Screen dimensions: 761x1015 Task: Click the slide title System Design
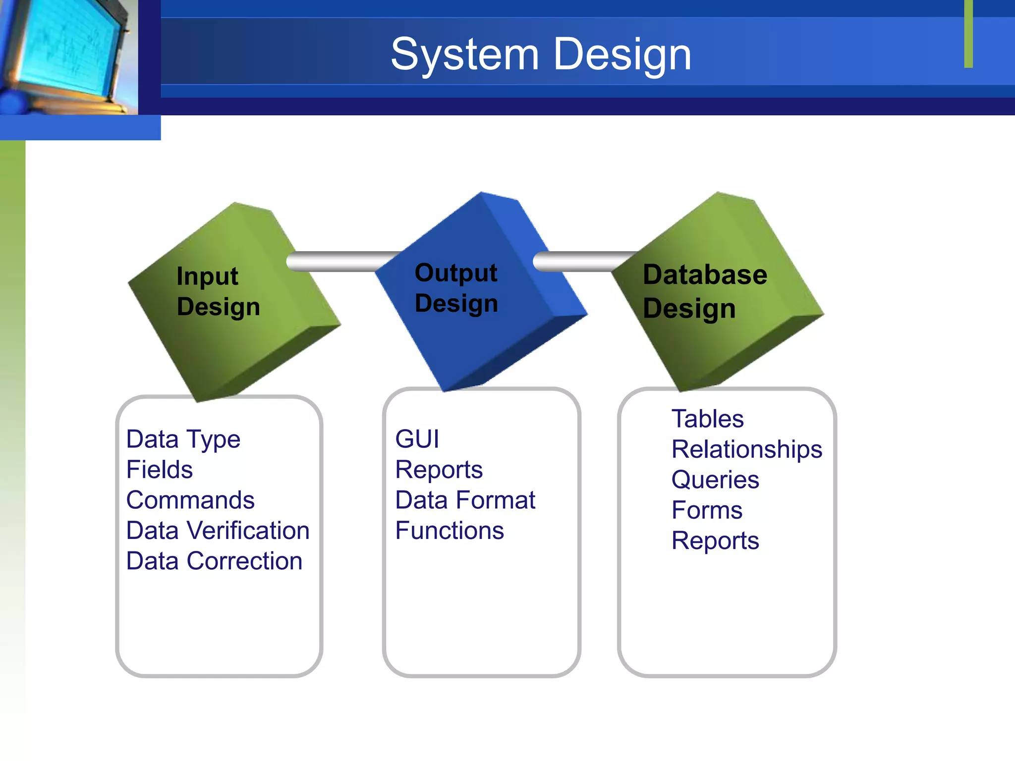[x=541, y=54]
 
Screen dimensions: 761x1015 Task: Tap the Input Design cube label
[x=218, y=291]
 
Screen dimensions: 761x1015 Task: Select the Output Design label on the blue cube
[x=456, y=288]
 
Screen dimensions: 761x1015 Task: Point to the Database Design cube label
[x=704, y=291]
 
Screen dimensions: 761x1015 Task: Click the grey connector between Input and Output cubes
[x=342, y=261]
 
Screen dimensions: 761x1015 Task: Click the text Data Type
[x=183, y=439]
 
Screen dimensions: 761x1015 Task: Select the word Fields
[x=159, y=470]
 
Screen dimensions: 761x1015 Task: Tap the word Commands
[x=190, y=500]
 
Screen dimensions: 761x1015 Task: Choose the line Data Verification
[x=218, y=531]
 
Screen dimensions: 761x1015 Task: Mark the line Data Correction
[x=214, y=561]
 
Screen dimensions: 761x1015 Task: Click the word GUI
[x=417, y=439]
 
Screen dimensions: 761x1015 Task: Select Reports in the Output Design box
[x=439, y=470]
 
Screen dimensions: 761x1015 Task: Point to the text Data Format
[x=465, y=500]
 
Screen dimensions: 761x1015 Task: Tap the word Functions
[x=450, y=531]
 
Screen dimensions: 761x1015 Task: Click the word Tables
[x=707, y=419]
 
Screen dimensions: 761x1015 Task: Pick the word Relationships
[x=746, y=449]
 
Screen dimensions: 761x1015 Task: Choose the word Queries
[x=715, y=480]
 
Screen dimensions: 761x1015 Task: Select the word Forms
[x=707, y=510]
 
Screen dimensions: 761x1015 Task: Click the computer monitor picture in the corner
[x=67, y=54]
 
